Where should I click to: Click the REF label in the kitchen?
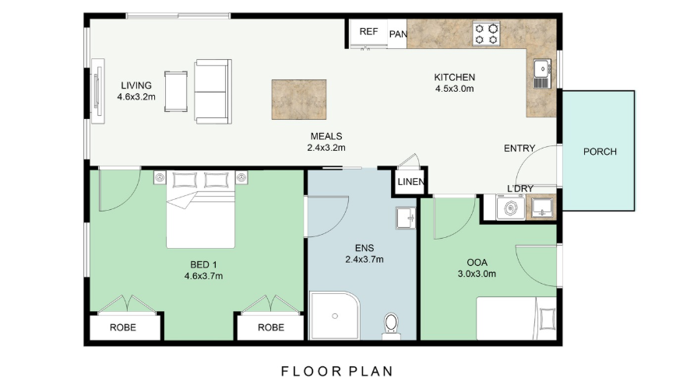pyautogui.click(x=368, y=31)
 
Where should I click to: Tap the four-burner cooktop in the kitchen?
pyautogui.click(x=486, y=33)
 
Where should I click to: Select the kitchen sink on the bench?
pyautogui.click(x=542, y=74)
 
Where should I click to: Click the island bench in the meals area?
pyautogui.click(x=299, y=100)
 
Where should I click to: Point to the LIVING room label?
pyautogui.click(x=136, y=86)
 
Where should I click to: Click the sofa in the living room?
pyautogui.click(x=213, y=91)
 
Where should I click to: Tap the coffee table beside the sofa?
pyautogui.click(x=176, y=92)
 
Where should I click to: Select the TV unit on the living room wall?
pyautogui.click(x=97, y=91)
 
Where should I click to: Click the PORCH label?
pyautogui.click(x=600, y=152)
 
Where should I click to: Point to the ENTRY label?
pyautogui.click(x=519, y=149)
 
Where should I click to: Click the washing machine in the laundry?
pyautogui.click(x=511, y=208)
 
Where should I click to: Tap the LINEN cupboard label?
pyautogui.click(x=411, y=182)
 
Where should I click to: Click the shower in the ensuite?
pyautogui.click(x=335, y=316)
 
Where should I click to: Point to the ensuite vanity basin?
pyautogui.click(x=406, y=218)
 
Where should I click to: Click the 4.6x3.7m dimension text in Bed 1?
pyautogui.click(x=203, y=276)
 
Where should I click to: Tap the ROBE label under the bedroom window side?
pyautogui.click(x=123, y=327)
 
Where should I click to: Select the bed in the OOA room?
pyautogui.click(x=516, y=318)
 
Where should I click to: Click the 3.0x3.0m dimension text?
pyautogui.click(x=477, y=274)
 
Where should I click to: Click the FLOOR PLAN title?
pyautogui.click(x=337, y=371)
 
